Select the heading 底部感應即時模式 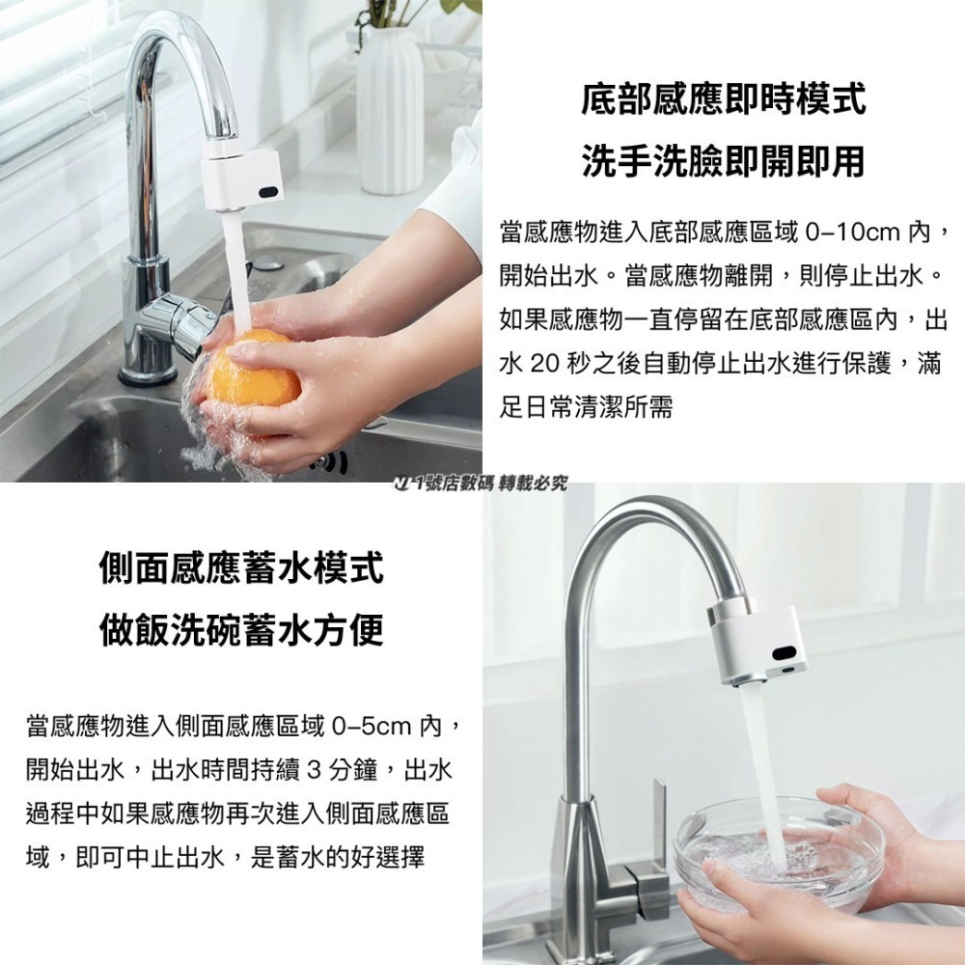723,99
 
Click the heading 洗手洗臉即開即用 723,161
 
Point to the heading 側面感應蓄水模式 241,567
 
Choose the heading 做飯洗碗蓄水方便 241,629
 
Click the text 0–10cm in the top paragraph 853,233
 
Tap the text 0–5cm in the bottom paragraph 372,725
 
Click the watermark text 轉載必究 532,482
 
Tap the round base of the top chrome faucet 146,372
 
